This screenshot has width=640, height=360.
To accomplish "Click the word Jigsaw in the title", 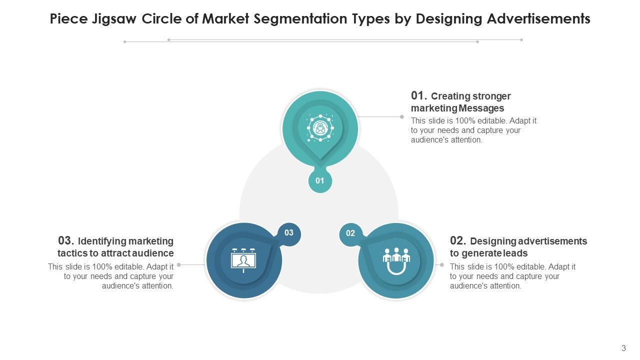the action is pyautogui.click(x=114, y=19).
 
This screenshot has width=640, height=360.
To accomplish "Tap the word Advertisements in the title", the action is pyautogui.click(x=538, y=18).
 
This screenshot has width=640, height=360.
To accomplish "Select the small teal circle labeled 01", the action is pyautogui.click(x=320, y=180).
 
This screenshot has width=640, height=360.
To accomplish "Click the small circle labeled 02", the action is pyautogui.click(x=350, y=233).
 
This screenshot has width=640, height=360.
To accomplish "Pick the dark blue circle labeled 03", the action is pyautogui.click(x=289, y=233).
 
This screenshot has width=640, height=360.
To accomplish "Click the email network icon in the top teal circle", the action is pyautogui.click(x=320, y=127).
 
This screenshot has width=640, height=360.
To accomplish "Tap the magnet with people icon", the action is pyautogui.click(x=396, y=261).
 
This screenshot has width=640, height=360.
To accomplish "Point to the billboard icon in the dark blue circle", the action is pyautogui.click(x=243, y=260).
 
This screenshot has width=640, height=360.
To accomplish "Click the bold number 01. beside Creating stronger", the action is pyautogui.click(x=419, y=95).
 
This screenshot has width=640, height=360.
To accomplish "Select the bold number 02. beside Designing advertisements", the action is pyautogui.click(x=458, y=240).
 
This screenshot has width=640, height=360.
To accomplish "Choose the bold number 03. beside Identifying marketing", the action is pyautogui.click(x=66, y=240).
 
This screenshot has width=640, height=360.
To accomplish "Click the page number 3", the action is pyautogui.click(x=623, y=348).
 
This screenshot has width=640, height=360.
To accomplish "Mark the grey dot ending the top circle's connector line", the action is pyautogui.click(x=401, y=116).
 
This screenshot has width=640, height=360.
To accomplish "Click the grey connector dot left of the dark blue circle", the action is pyautogui.click(x=179, y=265).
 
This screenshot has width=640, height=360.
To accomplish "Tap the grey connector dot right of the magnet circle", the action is pyautogui.click(x=441, y=265).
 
